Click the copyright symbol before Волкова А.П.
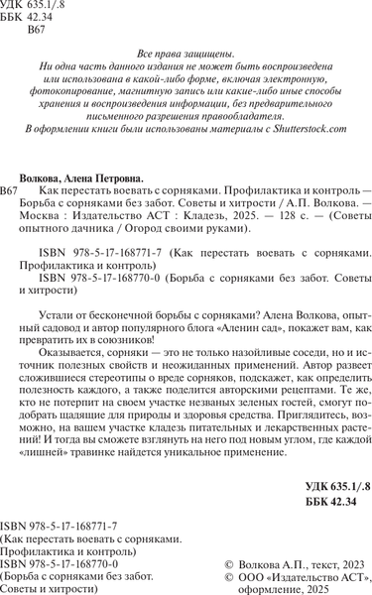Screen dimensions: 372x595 coord(231,561)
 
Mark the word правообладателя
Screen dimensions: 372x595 coord(285,112)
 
